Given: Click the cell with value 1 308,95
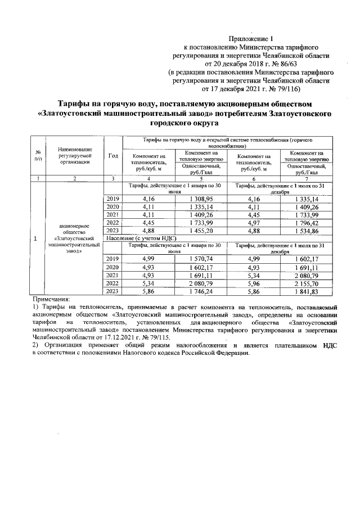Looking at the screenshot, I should pos(201,199).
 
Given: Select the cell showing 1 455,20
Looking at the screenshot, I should pos(201,231).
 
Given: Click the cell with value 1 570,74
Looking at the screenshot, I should pos(201,259).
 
